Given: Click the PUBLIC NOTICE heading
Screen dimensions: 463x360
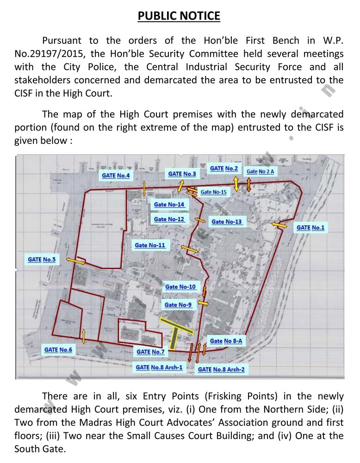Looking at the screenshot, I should click(179, 16).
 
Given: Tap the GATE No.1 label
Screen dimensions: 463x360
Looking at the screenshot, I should click(310, 228).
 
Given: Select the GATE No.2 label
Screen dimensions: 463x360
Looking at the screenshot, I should click(224, 169).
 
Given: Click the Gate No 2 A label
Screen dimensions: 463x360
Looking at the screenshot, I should click(261, 172).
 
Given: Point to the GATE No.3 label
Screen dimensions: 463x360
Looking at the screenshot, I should click(182, 174).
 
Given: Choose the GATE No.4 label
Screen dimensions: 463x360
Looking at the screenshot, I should click(116, 176).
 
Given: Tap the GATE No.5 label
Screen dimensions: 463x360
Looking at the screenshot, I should click(42, 260).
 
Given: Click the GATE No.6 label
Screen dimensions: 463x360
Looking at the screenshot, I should click(58, 350).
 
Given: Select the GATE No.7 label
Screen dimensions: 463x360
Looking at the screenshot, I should click(150, 352).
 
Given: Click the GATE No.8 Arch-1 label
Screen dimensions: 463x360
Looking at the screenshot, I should click(159, 368).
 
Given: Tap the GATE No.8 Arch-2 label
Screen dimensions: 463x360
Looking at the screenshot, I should click(221, 369).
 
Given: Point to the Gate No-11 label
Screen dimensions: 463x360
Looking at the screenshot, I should click(149, 245).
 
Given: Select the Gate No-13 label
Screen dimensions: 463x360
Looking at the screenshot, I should click(227, 222).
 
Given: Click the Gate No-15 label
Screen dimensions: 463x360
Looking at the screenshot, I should click(213, 192).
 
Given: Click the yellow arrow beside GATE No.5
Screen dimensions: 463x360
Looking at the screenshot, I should click(75, 262).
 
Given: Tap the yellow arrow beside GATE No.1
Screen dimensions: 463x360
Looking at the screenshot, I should click(279, 225).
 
